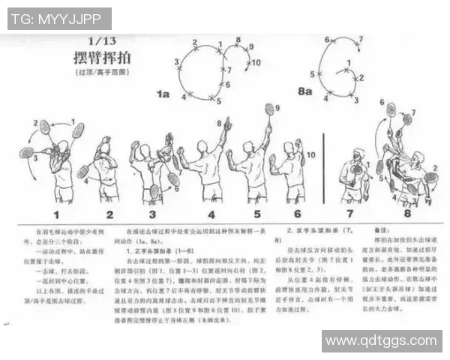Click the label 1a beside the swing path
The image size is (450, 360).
pos(163,93)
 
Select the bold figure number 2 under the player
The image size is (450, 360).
pos(109,214)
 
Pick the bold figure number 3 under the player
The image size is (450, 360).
pos(154,214)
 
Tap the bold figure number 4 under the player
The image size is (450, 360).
pos(212,214)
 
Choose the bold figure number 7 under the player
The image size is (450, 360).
pos(352,214)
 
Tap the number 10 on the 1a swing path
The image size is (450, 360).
pos(256,63)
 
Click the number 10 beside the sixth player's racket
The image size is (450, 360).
pos(311,154)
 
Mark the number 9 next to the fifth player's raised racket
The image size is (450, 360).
pos(277,109)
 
